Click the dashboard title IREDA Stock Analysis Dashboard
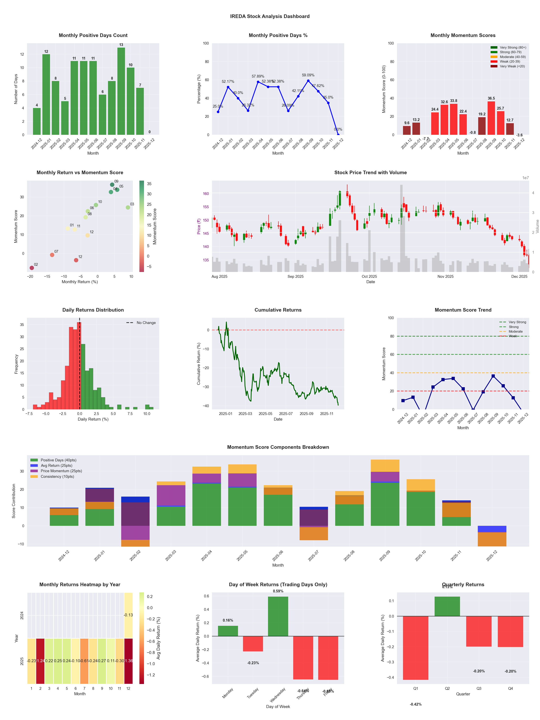click(270, 16)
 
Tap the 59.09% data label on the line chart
click(308, 75)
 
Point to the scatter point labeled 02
click(32, 268)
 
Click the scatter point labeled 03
click(128, 207)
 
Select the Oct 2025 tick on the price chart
click(369, 276)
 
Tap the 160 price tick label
click(206, 194)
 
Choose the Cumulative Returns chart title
click(278, 310)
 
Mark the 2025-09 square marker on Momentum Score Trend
click(493, 376)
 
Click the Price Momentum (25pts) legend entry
click(61, 471)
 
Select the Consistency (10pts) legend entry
click(57, 477)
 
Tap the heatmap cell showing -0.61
click(84, 661)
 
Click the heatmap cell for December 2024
click(128, 615)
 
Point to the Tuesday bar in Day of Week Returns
click(253, 644)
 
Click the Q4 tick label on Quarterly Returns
click(510, 688)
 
